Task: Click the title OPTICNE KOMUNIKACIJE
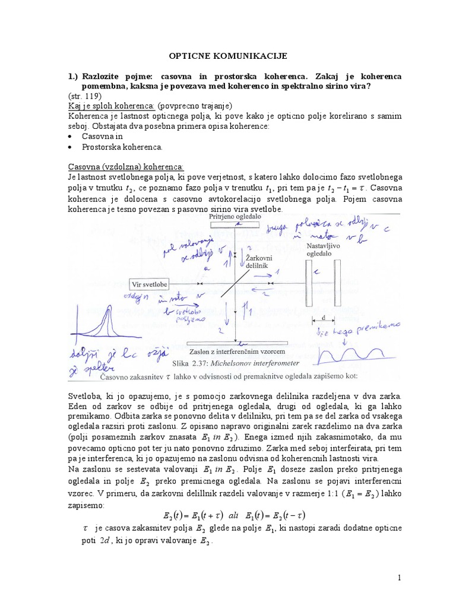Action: point(225,55)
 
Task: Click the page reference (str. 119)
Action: point(85,96)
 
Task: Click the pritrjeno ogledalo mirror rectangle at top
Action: point(235,226)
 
